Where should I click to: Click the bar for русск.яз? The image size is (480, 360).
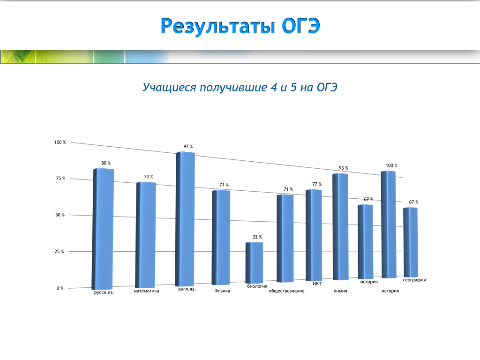coord(103,229)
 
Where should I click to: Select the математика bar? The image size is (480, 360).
coord(146,235)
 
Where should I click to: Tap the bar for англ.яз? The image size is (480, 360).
coord(185,219)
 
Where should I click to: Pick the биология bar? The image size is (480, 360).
coord(254,263)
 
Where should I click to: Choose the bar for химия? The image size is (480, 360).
coord(340,226)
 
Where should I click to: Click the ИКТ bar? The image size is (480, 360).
coord(314,235)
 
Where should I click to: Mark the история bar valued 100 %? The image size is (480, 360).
coord(389,225)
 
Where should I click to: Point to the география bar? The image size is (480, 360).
coord(411,242)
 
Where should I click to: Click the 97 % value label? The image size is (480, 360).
coord(188,147)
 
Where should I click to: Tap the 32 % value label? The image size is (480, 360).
coord(257,237)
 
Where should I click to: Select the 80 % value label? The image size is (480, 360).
coord(106,163)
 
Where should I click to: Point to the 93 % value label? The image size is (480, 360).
coord(344,168)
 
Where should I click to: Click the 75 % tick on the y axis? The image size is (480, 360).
coord(60,179)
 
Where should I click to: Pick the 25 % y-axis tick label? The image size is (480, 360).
coord(60,252)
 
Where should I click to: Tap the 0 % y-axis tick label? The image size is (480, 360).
coord(60,288)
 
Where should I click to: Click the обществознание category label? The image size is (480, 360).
coord(286,291)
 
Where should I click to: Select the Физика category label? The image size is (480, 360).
coord(222,291)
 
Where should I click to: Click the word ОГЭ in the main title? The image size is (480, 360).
coord(300,26)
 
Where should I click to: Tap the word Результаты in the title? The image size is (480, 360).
coord(217,26)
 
